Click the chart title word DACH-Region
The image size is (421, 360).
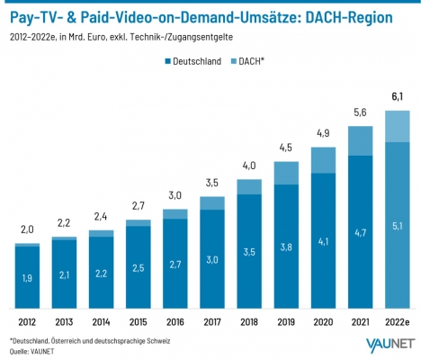(349, 18)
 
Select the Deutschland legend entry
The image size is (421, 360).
(193, 61)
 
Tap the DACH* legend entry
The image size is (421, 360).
(247, 61)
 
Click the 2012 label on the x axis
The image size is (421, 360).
(27, 322)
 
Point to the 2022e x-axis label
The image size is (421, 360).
(398, 322)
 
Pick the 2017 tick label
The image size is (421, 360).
(212, 322)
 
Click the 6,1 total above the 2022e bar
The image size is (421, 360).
(398, 97)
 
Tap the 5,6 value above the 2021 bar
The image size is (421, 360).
(360, 112)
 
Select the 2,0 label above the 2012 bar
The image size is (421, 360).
(27, 229)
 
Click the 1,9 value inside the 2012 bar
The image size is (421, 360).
(27, 278)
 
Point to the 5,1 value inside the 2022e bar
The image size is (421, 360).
(398, 226)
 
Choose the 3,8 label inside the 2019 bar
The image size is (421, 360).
(286, 247)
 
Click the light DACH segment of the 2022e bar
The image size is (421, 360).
(398, 126)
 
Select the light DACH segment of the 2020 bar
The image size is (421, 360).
(323, 160)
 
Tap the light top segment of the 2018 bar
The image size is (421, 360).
(249, 187)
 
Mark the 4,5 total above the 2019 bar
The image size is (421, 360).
(286, 148)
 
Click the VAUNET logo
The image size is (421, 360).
(390, 346)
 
